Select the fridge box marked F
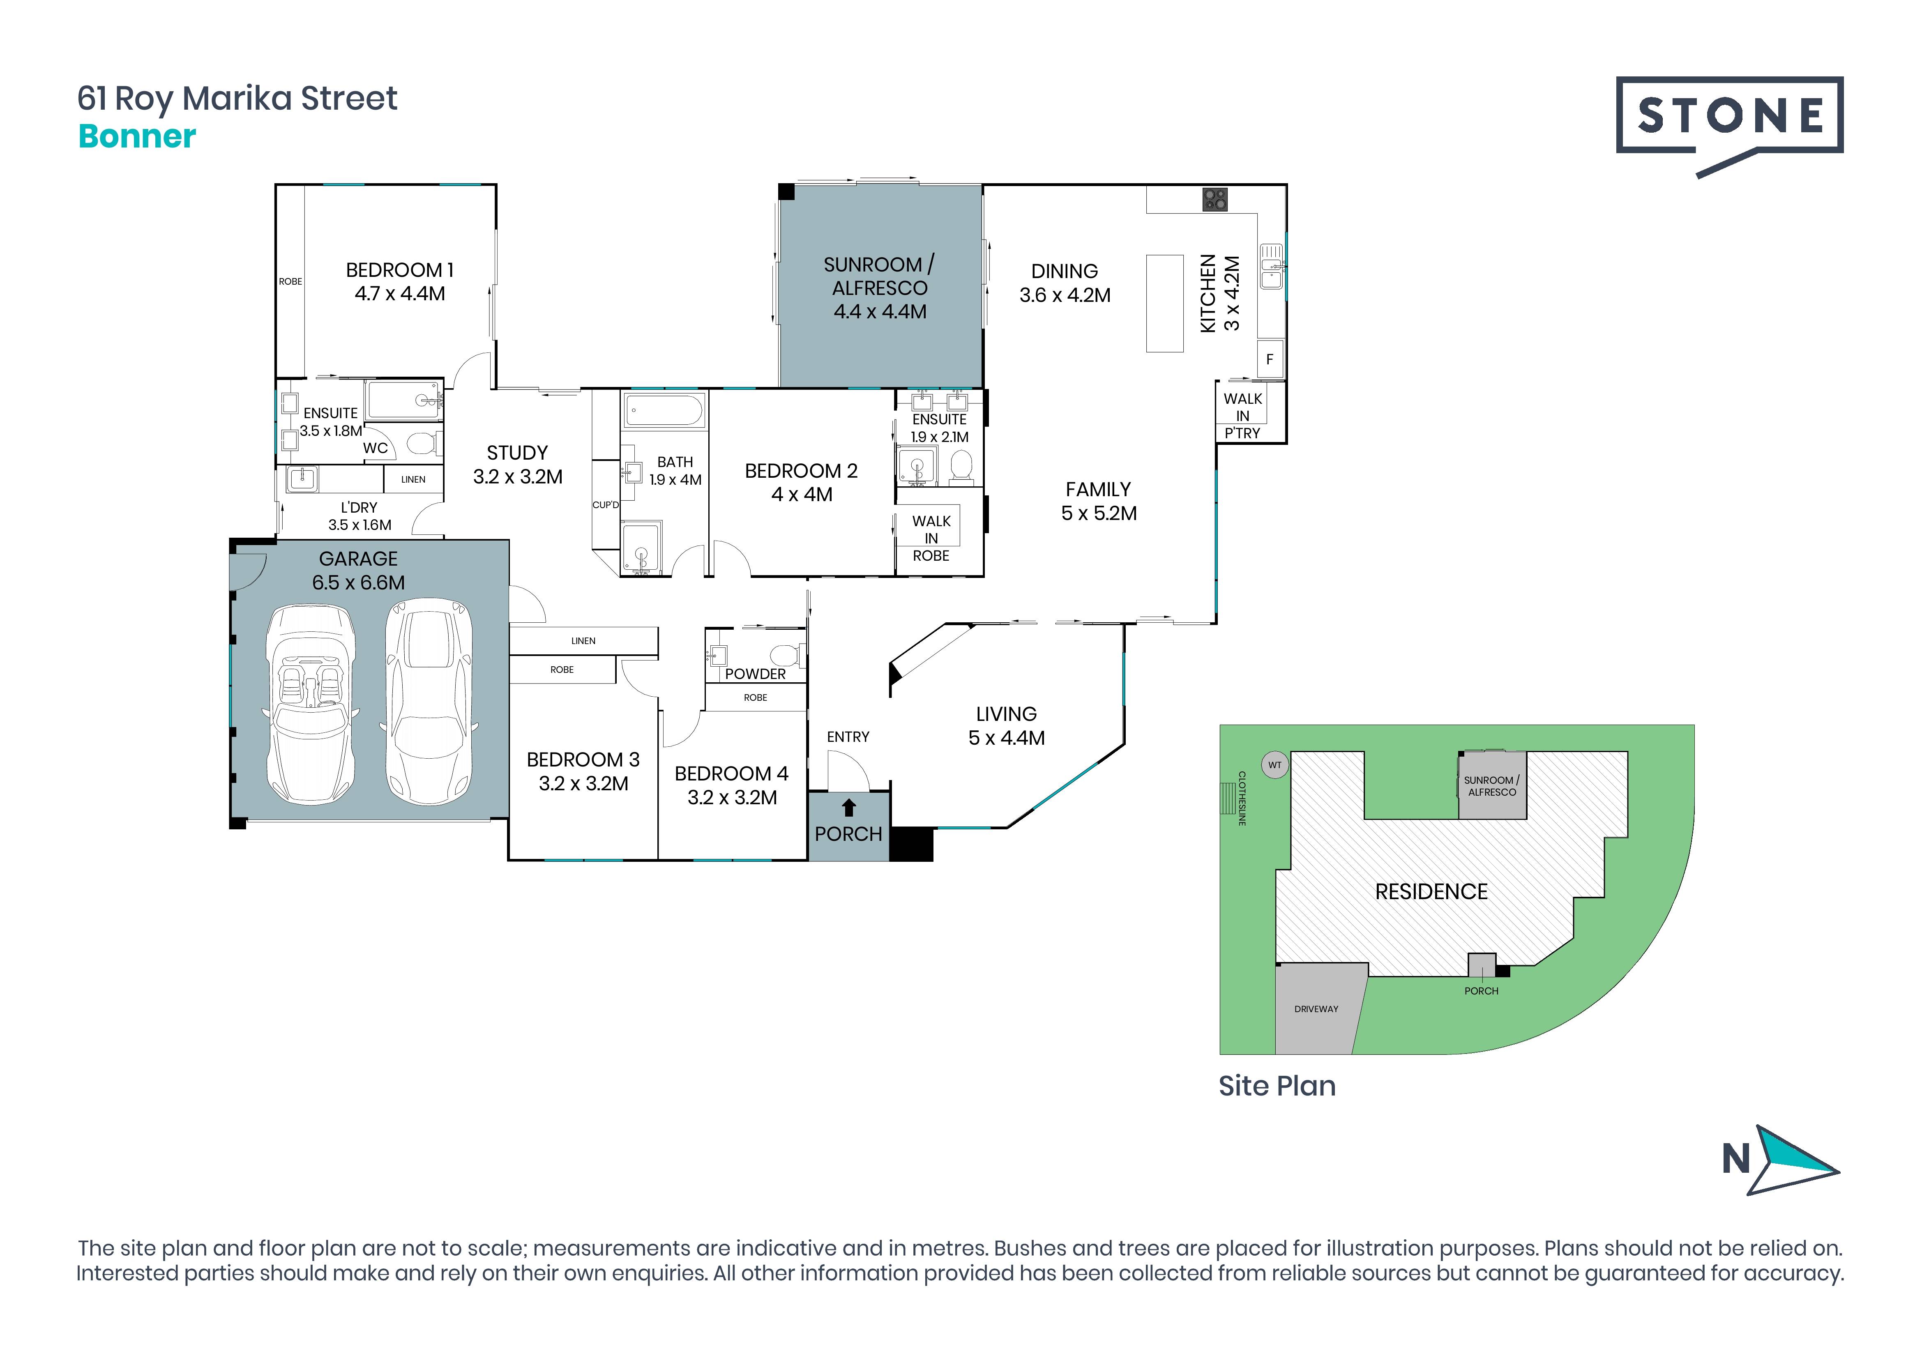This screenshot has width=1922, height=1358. click(1270, 359)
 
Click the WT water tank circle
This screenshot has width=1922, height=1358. click(1275, 765)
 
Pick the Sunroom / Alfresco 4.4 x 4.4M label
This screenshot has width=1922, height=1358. click(879, 288)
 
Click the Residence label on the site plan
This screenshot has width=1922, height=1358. click(1431, 892)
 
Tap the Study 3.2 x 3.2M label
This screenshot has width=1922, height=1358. click(517, 465)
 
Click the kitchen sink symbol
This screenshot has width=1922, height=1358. click(1272, 266)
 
